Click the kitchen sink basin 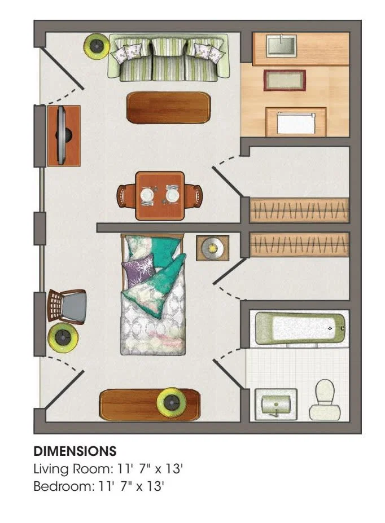click(281, 45)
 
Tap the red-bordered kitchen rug click(285, 80)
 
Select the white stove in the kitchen click(296, 123)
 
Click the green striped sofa click(169, 57)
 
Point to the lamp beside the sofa click(97, 46)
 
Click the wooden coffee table click(168, 107)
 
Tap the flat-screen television click(63, 135)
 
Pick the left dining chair click(126, 196)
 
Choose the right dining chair click(193, 196)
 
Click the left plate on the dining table click(147, 195)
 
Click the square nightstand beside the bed click(212, 248)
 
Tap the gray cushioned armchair click(67, 306)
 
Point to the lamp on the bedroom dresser click(172, 403)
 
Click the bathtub click(300, 328)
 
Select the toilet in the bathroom click(325, 399)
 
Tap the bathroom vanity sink click(276, 405)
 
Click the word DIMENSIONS click(75, 451)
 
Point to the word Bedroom click(64, 486)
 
